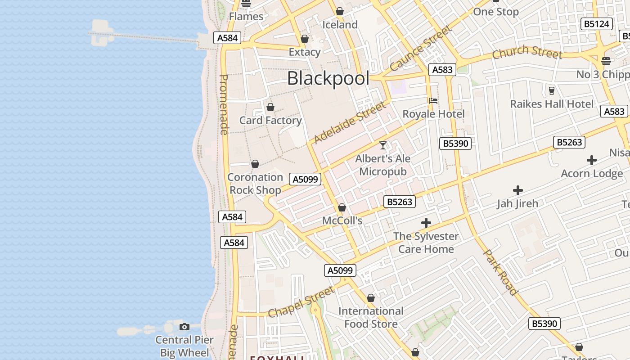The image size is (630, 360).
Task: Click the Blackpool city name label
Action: [x=328, y=78]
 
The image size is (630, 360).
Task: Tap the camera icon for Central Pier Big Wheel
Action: [x=184, y=327]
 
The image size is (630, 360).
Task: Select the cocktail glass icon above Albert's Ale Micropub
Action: [x=383, y=145]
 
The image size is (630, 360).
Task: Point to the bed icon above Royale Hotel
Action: [x=433, y=100]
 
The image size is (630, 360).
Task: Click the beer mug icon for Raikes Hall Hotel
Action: [x=552, y=90]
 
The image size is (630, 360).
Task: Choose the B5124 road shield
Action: [x=597, y=24]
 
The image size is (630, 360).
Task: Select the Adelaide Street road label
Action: [x=350, y=122]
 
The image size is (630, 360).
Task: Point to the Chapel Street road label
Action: [x=301, y=301]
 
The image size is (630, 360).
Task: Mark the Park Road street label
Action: [x=500, y=272]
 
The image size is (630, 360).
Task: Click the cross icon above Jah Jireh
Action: [x=517, y=190]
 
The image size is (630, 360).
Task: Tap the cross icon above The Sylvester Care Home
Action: [x=426, y=223]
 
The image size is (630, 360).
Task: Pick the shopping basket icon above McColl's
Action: [x=342, y=207]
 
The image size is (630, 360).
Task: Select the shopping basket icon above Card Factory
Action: [x=270, y=107]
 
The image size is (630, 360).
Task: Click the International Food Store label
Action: [x=371, y=317]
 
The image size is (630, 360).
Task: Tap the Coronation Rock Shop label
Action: [x=255, y=184]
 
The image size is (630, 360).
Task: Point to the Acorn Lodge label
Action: [x=592, y=174]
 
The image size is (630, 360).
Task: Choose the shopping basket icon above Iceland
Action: [x=340, y=11]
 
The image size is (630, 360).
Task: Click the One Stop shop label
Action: [x=496, y=12]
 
